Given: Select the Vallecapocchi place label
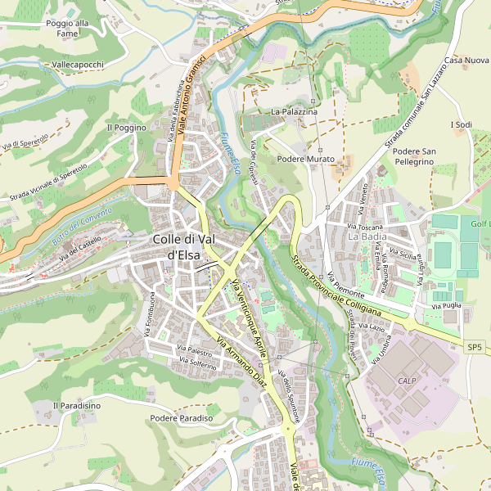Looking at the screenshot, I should [x=78, y=64].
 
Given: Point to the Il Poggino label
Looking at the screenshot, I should [x=126, y=128].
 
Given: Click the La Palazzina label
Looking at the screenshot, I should [x=294, y=111].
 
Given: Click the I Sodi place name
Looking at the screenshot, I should [x=462, y=124].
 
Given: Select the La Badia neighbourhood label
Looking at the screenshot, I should [x=367, y=236].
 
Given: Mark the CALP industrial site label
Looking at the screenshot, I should [x=408, y=381].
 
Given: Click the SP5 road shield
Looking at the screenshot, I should [x=475, y=347].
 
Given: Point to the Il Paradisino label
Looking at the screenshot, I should [x=77, y=405].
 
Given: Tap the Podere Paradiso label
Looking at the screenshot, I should [x=182, y=418].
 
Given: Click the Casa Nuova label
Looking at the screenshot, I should [x=466, y=61].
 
